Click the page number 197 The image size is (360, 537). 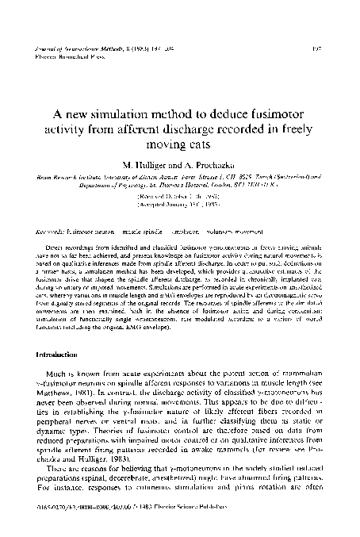tap(332, 48)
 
